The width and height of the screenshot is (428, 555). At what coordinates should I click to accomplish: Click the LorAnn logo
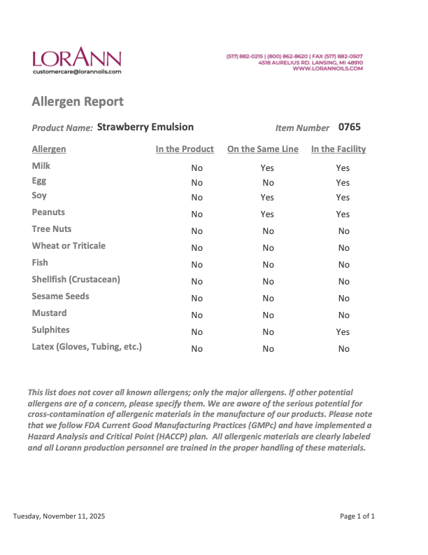pyautogui.click(x=76, y=57)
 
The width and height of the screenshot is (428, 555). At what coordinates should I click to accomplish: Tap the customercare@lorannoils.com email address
pyautogui.click(x=77, y=71)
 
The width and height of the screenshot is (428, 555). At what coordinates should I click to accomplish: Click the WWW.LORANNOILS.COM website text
pyautogui.click(x=327, y=69)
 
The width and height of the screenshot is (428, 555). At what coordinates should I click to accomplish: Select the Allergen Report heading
pyautogui.click(x=78, y=102)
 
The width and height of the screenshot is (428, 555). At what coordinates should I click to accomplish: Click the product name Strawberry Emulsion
pyautogui.click(x=145, y=127)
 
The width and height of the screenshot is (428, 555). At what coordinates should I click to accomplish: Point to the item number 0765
pyautogui.click(x=349, y=127)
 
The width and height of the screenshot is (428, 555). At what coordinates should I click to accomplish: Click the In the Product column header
pyautogui.click(x=185, y=149)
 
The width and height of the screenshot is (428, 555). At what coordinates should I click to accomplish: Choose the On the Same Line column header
pyautogui.click(x=263, y=149)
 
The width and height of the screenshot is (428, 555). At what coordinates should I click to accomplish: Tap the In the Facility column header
pyautogui.click(x=338, y=149)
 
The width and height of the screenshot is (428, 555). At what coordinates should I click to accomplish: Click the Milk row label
pyautogui.click(x=41, y=166)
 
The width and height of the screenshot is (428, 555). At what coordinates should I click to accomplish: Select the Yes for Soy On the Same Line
pyautogui.click(x=267, y=198)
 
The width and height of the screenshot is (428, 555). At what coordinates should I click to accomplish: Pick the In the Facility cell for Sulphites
pyautogui.click(x=343, y=332)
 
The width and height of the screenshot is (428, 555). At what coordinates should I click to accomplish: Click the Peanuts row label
pyautogui.click(x=48, y=212)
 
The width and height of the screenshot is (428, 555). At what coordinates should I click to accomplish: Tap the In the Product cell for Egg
pyautogui.click(x=197, y=183)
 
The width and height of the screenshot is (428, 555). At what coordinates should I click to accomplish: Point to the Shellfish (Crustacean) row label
pyautogui.click(x=76, y=279)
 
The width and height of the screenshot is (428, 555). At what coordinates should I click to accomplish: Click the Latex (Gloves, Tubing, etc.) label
pyautogui.click(x=87, y=346)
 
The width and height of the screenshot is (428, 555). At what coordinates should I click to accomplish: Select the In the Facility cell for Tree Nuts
pyautogui.click(x=343, y=231)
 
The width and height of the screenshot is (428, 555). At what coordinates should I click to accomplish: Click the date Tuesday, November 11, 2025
pyautogui.click(x=59, y=516)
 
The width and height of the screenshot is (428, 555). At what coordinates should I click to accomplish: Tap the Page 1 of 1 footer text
pyautogui.click(x=357, y=516)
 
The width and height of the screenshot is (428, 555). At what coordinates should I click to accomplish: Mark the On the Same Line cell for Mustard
pyautogui.click(x=268, y=315)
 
